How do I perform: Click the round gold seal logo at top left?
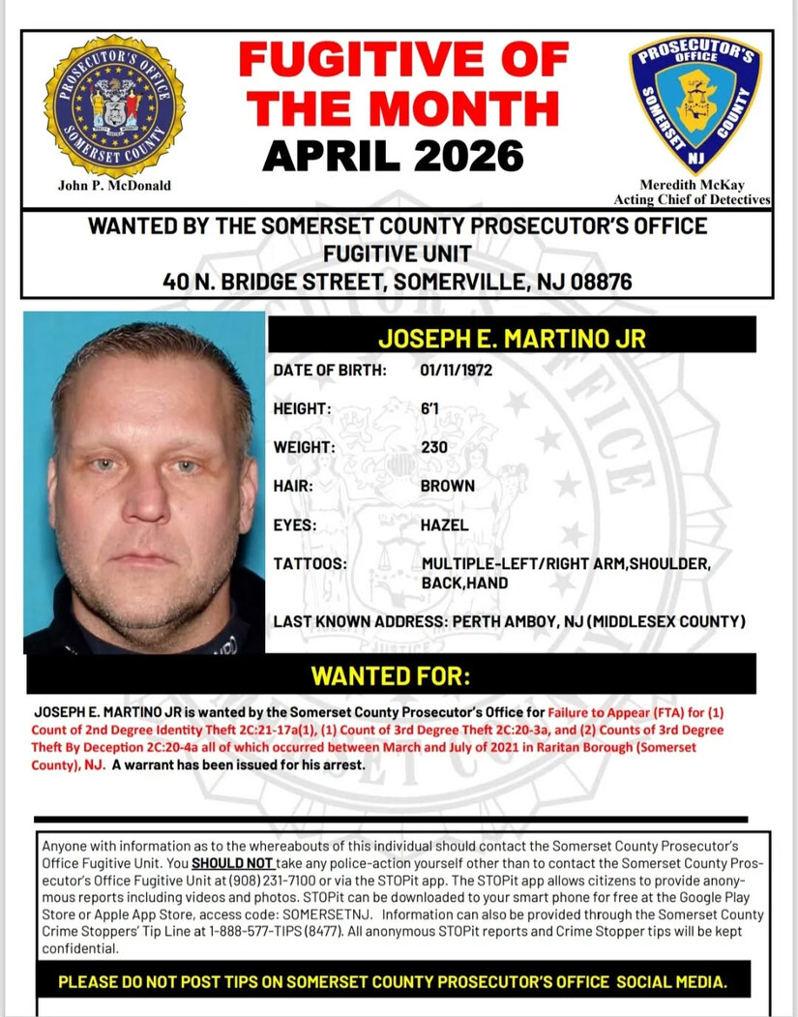pos(114,106)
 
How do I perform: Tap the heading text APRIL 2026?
pos(393,155)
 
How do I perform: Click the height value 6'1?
pos(429,409)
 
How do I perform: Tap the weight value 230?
pos(433,448)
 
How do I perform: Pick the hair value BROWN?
pos(447,486)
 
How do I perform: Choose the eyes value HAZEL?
pos(444,524)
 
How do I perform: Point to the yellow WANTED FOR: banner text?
pos(390,674)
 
